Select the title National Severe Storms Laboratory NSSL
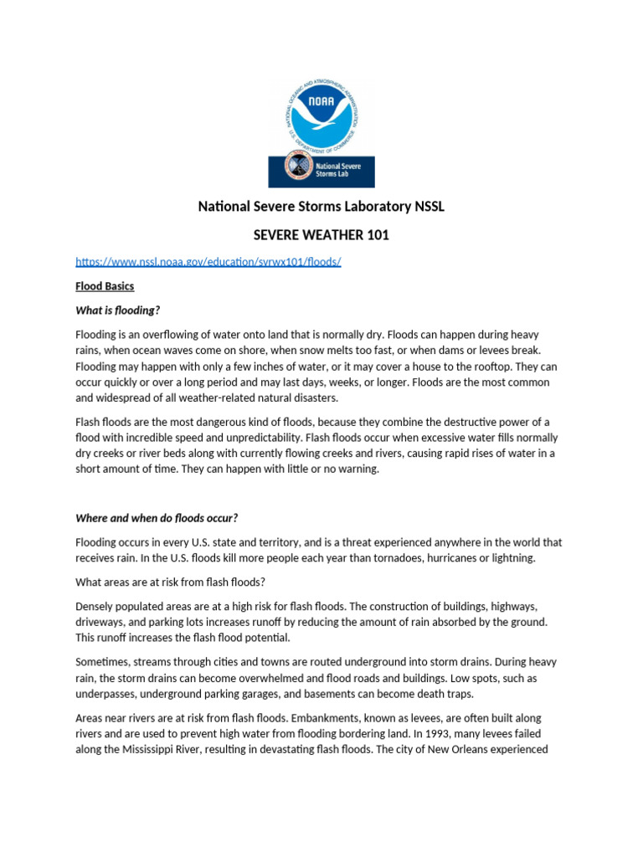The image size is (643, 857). (x=321, y=206)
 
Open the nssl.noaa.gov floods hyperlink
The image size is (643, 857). (x=208, y=262)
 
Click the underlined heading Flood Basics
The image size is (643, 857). (x=105, y=286)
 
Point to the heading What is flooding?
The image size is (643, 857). (x=117, y=310)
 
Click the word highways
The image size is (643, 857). (x=513, y=606)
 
